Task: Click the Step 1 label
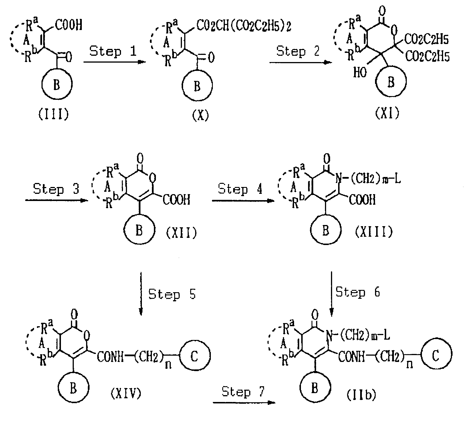[113, 52]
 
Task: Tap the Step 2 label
[298, 52]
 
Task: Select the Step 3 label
[56, 189]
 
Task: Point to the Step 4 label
[240, 189]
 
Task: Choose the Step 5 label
[172, 294]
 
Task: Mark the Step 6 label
[358, 292]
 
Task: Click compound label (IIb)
[361, 395]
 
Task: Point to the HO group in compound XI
[360, 73]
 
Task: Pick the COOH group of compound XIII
[362, 200]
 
